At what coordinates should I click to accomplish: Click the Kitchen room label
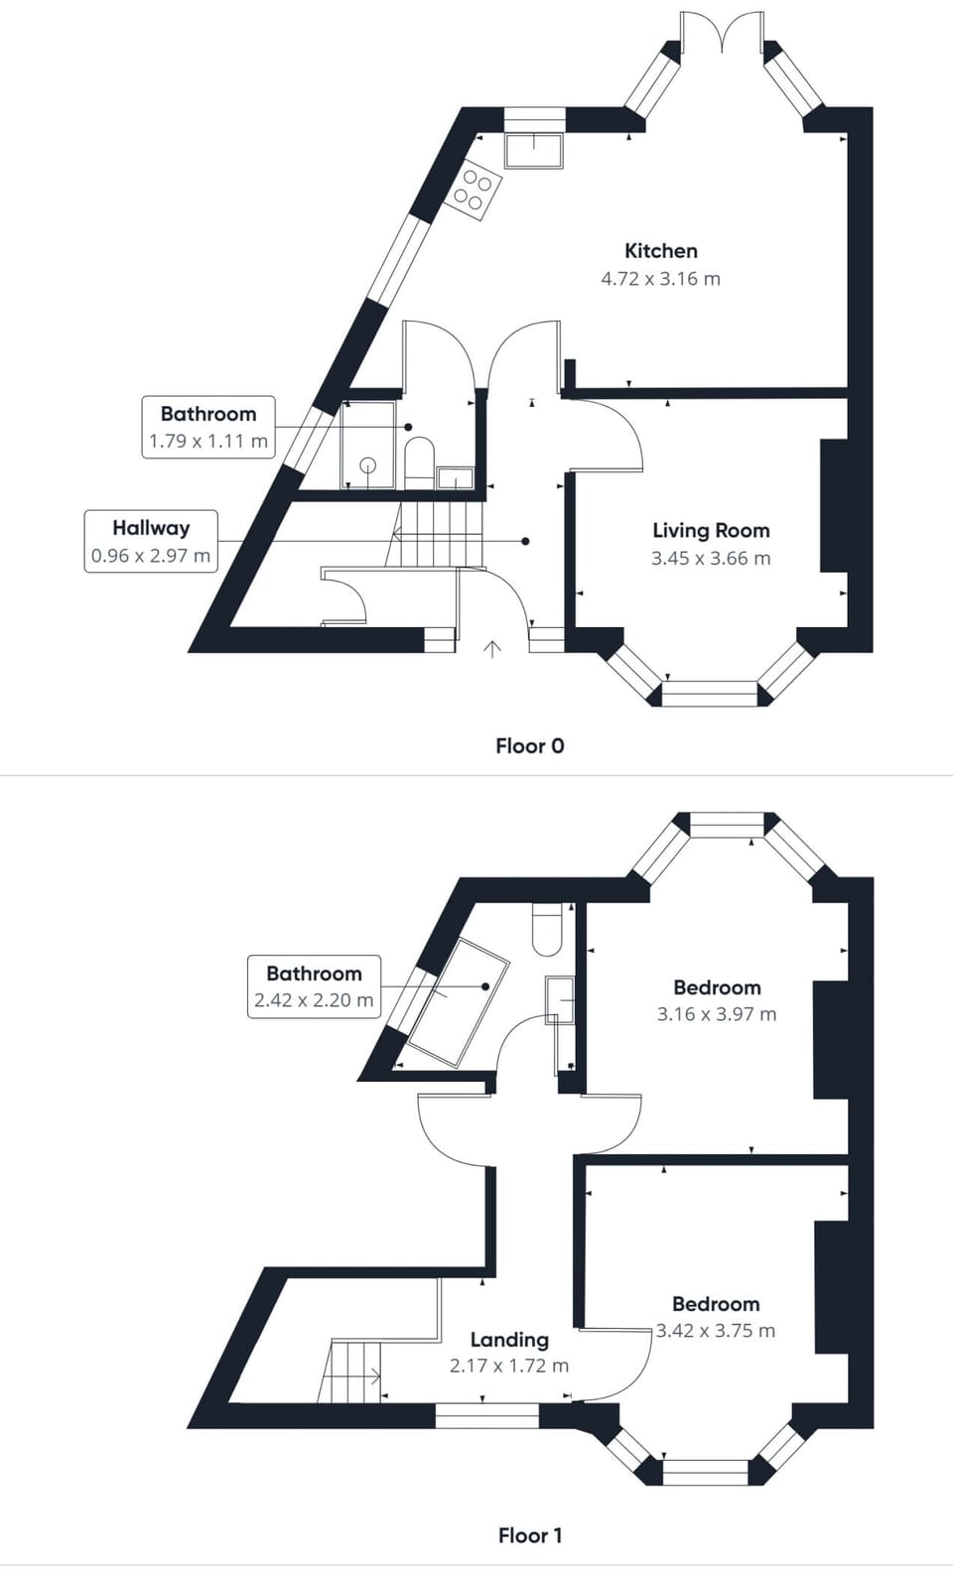tap(660, 251)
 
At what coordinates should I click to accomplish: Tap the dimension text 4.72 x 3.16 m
tap(660, 279)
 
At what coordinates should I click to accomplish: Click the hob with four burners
tap(473, 190)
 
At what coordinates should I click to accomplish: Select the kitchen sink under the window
tap(534, 151)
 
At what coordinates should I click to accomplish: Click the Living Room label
tap(711, 531)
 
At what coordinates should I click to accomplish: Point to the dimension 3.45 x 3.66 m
tap(711, 559)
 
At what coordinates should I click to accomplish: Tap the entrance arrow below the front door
tap(491, 649)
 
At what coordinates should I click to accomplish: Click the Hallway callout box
tap(151, 541)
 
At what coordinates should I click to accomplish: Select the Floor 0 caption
tap(529, 745)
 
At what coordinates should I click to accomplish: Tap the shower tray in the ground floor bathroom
tap(367, 445)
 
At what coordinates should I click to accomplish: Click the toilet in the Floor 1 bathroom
tap(547, 930)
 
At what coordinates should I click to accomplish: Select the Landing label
tap(509, 1340)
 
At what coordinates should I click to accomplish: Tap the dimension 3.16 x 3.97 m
tap(716, 1014)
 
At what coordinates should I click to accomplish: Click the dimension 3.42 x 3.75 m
tap(715, 1331)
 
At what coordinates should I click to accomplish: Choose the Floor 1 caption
tap(529, 1535)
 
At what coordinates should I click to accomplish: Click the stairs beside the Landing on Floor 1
tap(351, 1372)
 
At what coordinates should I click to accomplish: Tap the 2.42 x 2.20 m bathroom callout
tap(314, 986)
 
